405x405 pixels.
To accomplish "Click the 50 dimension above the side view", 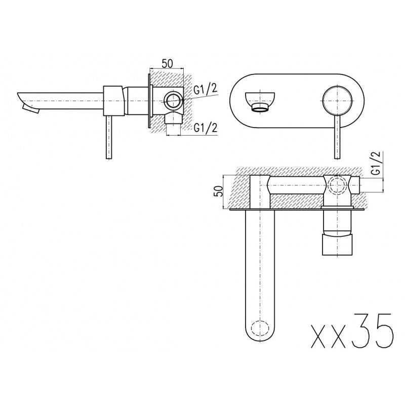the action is [167, 64].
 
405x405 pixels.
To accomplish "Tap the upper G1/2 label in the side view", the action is [206, 91].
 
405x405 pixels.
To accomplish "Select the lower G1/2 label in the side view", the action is [205, 128].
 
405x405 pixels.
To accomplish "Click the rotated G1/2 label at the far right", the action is [377, 164].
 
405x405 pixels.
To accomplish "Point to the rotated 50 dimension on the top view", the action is [219, 191].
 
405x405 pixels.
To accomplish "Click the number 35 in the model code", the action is [372, 332].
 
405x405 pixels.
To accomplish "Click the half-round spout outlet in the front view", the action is [260, 101].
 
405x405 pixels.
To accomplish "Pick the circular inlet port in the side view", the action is [173, 100].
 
